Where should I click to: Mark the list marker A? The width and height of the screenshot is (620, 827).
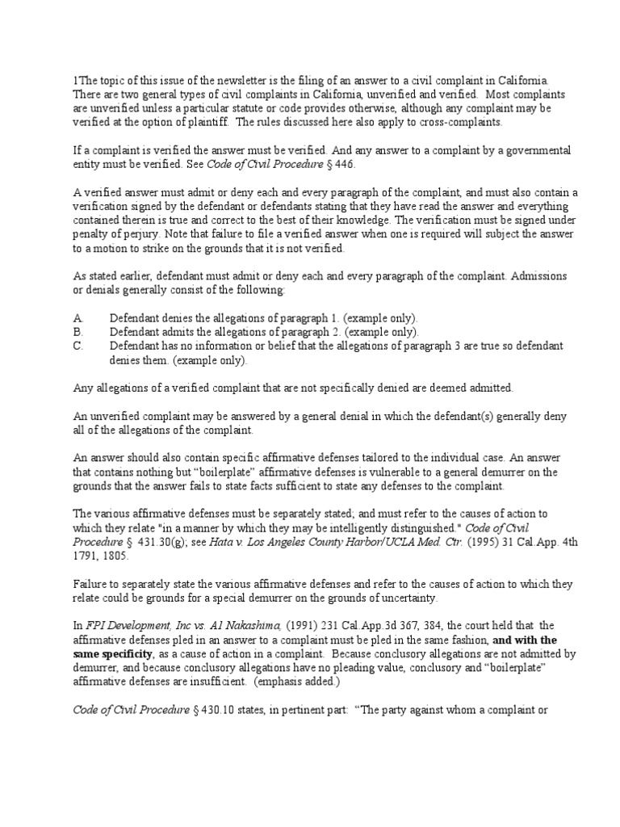pyautogui.click(x=77, y=317)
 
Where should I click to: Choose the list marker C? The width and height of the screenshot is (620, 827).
pyautogui.click(x=77, y=346)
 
